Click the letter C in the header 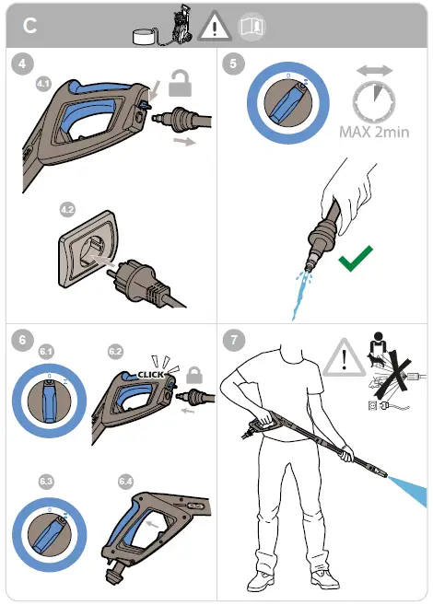click(29, 26)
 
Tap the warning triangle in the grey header click(215, 26)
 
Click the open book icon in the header click(252, 27)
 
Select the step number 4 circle click(22, 64)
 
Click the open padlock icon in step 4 click(181, 84)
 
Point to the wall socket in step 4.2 click(88, 249)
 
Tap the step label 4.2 click(67, 210)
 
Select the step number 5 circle click(233, 64)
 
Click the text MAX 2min click(374, 132)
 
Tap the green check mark click(356, 258)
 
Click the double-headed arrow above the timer click(374, 71)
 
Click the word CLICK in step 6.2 click(151, 375)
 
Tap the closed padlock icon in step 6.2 click(194, 375)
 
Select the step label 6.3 click(46, 482)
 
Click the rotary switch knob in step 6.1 click(50, 401)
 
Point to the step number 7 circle click(234, 340)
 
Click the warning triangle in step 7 click(344, 358)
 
